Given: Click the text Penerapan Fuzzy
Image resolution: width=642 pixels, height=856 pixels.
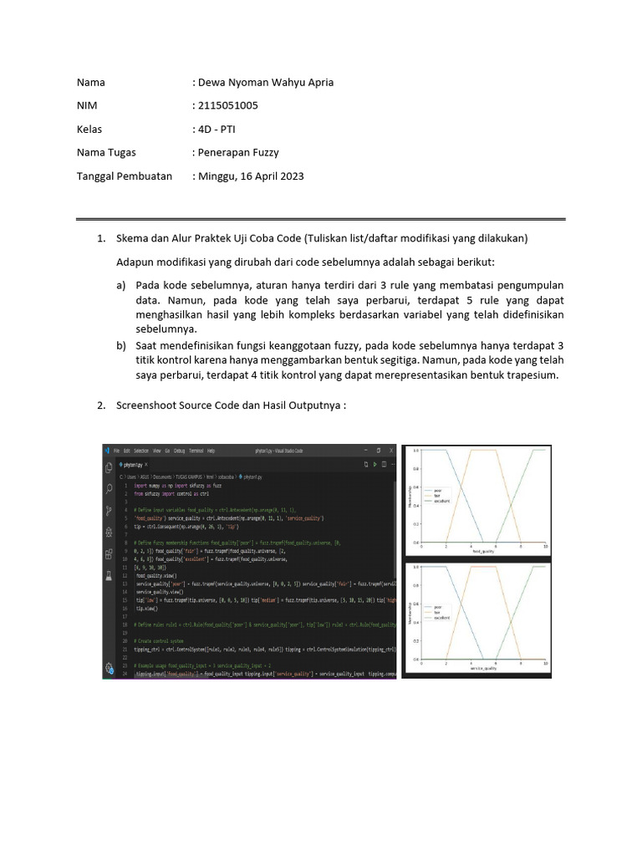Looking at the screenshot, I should (237, 152).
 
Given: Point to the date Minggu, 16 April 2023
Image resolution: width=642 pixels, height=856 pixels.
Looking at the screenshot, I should (251, 176).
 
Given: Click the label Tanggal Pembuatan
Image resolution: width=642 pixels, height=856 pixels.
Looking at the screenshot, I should (125, 176).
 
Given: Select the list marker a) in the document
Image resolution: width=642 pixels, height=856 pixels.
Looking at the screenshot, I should (121, 283).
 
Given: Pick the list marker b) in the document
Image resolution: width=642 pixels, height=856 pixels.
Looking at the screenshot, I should (121, 344).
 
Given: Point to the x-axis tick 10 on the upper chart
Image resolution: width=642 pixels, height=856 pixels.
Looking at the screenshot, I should (545, 546).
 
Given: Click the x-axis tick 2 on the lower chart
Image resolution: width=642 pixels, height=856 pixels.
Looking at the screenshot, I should (446, 663).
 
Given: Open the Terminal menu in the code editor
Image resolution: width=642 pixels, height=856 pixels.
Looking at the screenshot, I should (195, 450).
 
